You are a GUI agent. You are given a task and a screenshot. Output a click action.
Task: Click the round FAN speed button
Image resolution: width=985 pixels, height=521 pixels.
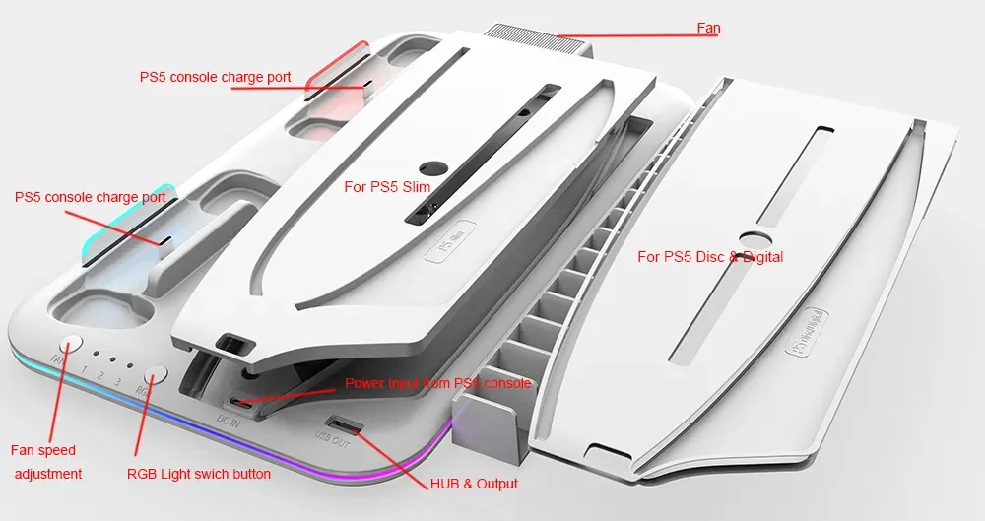click(71, 346)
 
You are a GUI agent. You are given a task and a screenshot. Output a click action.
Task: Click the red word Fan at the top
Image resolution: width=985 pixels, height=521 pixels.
click(708, 28)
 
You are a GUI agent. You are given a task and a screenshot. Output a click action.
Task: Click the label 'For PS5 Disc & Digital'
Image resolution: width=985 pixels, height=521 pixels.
click(710, 257)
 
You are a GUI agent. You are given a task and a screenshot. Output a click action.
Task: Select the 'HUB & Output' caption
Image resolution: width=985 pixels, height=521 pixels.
click(474, 484)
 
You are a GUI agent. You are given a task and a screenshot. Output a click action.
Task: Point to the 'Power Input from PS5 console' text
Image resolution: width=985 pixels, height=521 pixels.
click(437, 383)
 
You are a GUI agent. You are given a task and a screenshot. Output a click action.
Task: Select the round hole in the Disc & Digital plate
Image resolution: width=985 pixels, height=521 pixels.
click(755, 239)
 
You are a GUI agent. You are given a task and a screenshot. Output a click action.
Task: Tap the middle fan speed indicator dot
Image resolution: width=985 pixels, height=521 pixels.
click(113, 358)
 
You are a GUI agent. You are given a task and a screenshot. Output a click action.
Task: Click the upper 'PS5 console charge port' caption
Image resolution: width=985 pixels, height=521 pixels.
click(215, 77)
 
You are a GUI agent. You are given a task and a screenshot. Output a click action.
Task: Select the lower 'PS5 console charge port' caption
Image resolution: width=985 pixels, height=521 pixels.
click(90, 197)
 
